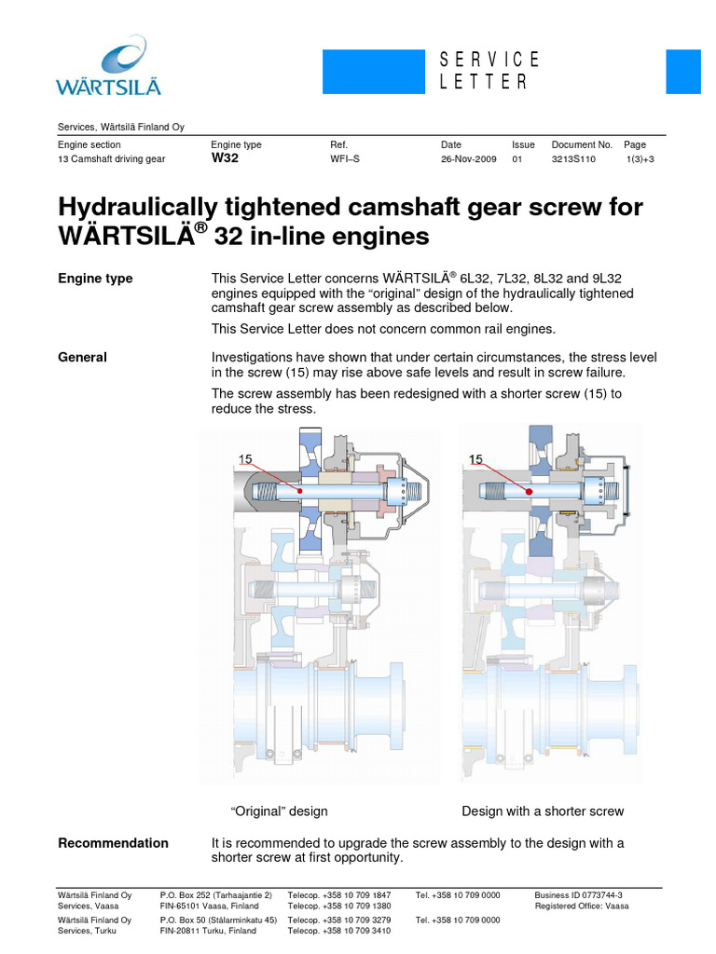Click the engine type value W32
[226, 158]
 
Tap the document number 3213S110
[573, 159]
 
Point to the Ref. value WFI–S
[345, 159]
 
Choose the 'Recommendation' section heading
[113, 843]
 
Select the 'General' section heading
[82, 357]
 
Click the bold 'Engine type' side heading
[95, 279]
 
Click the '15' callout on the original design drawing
[246, 458]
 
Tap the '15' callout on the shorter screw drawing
[476, 458]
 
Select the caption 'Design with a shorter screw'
[543, 811]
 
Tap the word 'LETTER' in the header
[484, 82]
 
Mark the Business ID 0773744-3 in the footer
[578, 894]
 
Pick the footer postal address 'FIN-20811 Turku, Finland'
[210, 931]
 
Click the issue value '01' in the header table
[517, 159]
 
